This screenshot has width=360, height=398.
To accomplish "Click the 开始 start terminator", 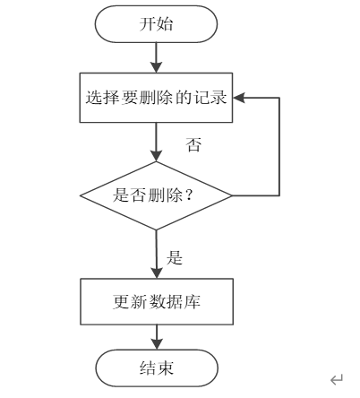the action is (156, 24).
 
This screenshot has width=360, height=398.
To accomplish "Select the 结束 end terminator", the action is (157, 368).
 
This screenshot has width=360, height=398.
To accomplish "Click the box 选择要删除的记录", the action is (156, 98).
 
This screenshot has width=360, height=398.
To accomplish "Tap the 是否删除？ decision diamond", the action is (156, 195).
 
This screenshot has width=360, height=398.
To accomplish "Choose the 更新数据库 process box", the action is (157, 301).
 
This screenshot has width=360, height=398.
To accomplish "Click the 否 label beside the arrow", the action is (193, 144).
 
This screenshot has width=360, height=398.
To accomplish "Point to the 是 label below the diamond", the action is (175, 257).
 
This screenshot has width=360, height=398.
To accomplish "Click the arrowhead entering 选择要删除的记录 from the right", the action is (239, 98).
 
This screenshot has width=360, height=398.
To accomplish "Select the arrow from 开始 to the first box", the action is (156, 57).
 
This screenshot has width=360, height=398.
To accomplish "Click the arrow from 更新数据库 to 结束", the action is (157, 337).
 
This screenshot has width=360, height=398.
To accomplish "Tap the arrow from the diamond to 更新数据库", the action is (157, 255).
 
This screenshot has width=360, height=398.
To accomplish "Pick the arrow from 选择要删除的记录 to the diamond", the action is (156, 142).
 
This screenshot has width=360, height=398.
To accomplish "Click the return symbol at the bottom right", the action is (337, 379).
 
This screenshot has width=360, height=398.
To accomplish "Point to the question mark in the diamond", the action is (189, 195).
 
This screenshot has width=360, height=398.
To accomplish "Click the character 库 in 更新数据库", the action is (193, 301).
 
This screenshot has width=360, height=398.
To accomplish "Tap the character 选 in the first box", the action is (94, 98).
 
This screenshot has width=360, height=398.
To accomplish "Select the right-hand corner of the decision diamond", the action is (232, 195).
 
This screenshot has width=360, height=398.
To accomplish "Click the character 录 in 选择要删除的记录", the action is (219, 98).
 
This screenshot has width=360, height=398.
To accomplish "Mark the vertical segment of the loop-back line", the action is (279, 147).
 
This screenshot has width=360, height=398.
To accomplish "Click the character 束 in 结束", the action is (165, 368).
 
